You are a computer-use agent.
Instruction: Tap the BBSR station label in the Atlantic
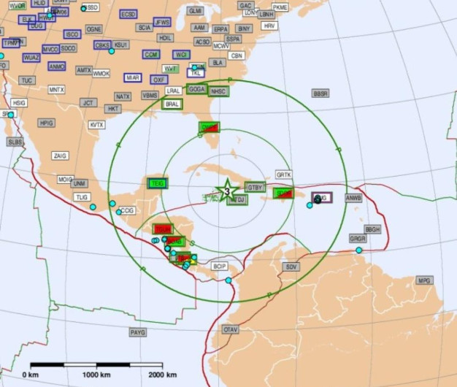coord(320,93)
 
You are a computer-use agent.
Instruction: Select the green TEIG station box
coord(157,183)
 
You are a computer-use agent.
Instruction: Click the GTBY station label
coord(255,187)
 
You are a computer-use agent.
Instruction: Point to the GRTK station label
coord(283,175)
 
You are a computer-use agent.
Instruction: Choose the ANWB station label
coord(353,198)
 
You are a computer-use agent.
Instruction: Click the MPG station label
coord(424,280)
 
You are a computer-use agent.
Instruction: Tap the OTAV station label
coord(231,330)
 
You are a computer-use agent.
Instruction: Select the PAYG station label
coord(137,332)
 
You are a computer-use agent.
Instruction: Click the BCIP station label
coord(220,267)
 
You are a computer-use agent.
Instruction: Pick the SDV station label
coord(291,267)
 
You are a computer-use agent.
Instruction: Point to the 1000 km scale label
coord(96,375)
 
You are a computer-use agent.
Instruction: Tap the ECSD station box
coord(128,14)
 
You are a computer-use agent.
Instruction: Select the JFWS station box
coord(162,23)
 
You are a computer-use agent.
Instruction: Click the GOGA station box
coord(196,89)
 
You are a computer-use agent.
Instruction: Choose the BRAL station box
coord(172,104)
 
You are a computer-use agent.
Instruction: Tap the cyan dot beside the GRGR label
coord(358,250)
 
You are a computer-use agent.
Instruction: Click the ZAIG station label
coord(61,156)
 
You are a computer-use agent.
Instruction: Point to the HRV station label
coord(269,26)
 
